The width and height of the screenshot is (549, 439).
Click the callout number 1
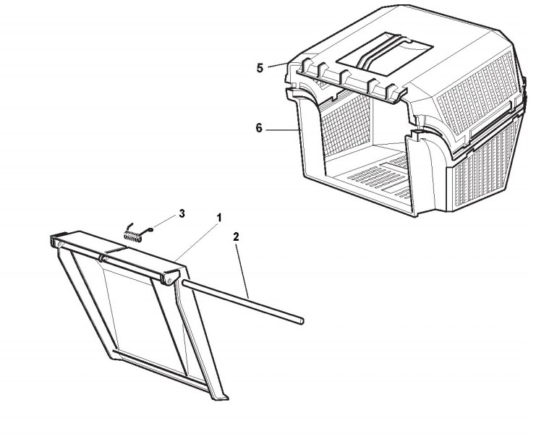[x=219, y=217]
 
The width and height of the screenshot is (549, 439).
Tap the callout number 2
[x=235, y=236]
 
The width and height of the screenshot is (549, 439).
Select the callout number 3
[x=182, y=213]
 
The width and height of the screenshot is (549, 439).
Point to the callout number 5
[x=260, y=68]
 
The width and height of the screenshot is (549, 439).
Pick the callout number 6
[x=259, y=128]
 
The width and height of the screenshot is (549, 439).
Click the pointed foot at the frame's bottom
[x=223, y=396]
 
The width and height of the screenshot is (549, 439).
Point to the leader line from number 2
[x=242, y=268]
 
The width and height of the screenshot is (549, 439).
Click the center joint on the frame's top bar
[x=103, y=257]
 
